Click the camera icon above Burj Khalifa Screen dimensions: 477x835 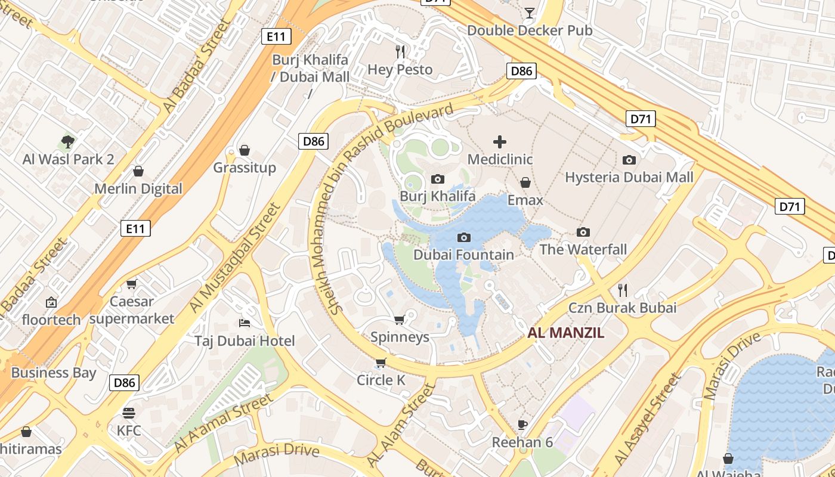coord(437,179)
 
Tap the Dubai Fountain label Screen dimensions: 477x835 coord(463,255)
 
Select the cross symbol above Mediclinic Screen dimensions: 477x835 coord(500,141)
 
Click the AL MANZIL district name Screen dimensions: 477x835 coord(565,333)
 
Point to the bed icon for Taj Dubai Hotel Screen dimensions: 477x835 coord(244,323)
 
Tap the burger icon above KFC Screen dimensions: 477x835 coord(129,413)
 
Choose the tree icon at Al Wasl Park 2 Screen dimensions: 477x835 coord(68,142)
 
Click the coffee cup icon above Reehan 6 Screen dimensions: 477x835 coord(522,425)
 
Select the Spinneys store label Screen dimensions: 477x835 coord(400,337)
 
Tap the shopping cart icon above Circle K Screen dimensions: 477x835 coord(381,363)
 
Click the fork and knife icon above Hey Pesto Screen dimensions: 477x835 coord(400,52)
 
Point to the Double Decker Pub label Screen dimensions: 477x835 coord(529,30)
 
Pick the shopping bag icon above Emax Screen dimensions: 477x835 coord(525,182)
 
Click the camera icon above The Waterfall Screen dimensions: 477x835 coord(583,232)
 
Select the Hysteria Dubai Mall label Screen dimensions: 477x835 coord(629,177)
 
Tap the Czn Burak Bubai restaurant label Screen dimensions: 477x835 coord(622,308)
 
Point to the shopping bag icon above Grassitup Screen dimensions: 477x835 coord(244,150)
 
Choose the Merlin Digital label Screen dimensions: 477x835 coord(138,188)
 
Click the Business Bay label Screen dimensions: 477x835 coord(54,373)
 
